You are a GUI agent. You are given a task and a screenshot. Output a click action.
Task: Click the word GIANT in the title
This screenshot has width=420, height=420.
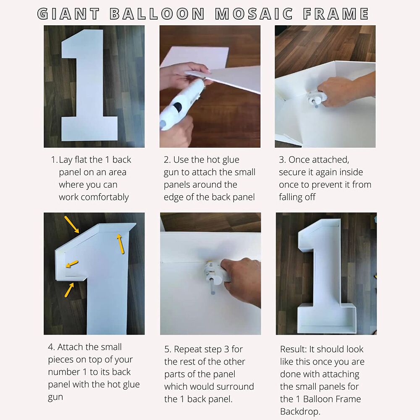point(68,14)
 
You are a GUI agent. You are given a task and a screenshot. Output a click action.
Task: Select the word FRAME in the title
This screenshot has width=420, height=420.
point(336,14)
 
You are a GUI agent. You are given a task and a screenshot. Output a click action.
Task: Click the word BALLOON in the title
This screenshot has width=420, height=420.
point(157,14)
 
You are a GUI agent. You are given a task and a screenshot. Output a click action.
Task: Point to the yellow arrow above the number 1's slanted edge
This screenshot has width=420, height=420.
point(72,225)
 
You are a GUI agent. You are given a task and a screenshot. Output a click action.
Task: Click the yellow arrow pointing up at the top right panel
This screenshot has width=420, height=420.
point(120,244)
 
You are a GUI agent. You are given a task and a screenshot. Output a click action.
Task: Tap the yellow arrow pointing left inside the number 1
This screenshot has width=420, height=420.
point(72,264)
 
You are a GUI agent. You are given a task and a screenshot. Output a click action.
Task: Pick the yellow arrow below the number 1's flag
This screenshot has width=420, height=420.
point(69,290)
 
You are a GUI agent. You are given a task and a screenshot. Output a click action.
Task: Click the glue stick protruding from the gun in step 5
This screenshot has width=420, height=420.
point(212,286)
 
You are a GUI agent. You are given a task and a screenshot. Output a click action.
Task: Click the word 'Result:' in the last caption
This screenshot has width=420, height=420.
point(293,349)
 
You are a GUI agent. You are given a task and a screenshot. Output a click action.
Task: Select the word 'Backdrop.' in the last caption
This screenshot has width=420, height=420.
point(300,412)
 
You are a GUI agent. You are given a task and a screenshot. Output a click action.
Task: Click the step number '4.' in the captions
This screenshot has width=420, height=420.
point(51,347)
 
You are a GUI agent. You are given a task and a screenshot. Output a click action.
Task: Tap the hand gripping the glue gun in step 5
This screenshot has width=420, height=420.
point(241,280)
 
